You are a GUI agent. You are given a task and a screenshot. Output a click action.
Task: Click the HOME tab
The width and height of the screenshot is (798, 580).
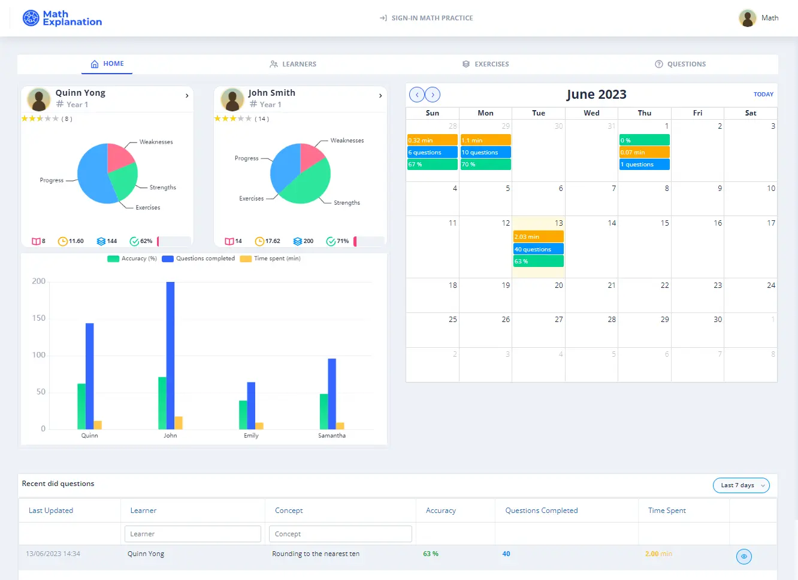[x=107, y=64]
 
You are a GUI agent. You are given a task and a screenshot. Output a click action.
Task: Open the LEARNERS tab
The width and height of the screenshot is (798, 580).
[x=293, y=64]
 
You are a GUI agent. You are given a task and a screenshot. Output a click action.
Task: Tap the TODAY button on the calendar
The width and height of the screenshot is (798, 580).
[x=763, y=95]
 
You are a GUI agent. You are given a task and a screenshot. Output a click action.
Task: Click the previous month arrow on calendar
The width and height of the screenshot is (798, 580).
[x=416, y=95]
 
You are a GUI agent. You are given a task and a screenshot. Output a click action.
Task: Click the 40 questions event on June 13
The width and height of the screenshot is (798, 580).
[x=538, y=249]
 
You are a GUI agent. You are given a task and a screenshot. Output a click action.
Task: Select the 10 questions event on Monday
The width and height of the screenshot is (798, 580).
[x=485, y=152]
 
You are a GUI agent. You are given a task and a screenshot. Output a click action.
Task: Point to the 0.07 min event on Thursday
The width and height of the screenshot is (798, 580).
[x=644, y=152]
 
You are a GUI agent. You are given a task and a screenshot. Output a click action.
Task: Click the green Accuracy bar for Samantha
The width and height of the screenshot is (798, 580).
[x=324, y=411]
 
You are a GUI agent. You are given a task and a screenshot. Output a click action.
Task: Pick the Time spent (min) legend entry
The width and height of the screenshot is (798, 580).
[x=270, y=259]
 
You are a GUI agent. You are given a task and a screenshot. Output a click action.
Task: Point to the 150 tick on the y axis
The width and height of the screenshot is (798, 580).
[x=39, y=318]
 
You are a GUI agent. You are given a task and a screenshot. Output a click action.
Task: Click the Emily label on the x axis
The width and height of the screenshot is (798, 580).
[x=251, y=436]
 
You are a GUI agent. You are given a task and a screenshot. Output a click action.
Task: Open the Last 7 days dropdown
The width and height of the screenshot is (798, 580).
[x=741, y=485]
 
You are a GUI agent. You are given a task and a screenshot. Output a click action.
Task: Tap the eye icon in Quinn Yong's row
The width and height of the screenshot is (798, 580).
[x=743, y=557]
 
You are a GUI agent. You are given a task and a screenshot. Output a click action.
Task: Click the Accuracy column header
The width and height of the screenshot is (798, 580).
[x=440, y=511]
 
